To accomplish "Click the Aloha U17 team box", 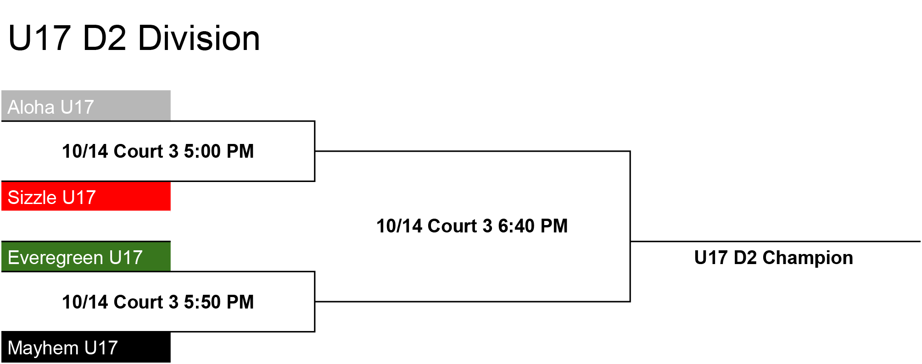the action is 86,105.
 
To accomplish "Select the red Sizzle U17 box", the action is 86,196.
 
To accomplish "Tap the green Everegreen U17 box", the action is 86,256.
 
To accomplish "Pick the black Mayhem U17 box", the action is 86,347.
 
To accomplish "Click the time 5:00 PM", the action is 219,151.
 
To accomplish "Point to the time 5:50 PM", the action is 219,302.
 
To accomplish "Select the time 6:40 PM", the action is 533,226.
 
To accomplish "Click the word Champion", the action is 808,258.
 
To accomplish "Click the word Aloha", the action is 31,107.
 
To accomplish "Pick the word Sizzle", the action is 32,198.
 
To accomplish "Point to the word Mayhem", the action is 43,348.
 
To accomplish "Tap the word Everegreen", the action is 56,258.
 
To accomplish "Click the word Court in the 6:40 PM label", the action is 453,226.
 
